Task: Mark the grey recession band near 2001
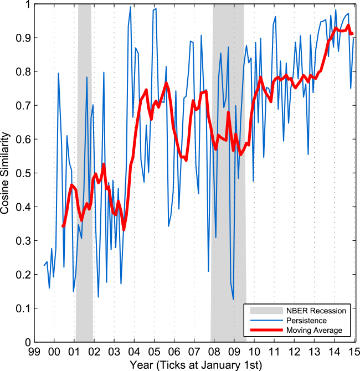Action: click(84, 166)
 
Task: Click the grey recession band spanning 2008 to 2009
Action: click(229, 166)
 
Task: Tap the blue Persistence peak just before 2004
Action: click(130, 7)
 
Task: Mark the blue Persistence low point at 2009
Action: click(234, 300)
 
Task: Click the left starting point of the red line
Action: click(63, 226)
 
